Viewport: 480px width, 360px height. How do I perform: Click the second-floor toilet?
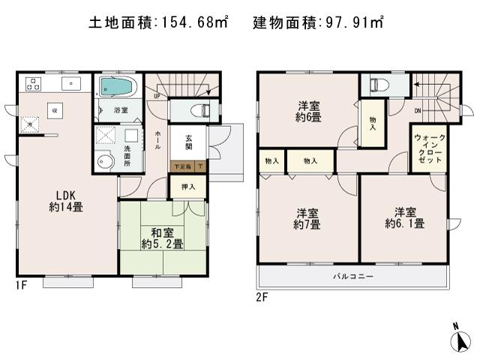[375, 84]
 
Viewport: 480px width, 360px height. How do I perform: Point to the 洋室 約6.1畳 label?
[405, 217]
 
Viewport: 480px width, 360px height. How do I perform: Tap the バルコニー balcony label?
[353, 276]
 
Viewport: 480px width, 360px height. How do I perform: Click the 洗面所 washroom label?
[127, 155]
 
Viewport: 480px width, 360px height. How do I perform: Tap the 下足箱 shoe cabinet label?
[184, 166]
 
